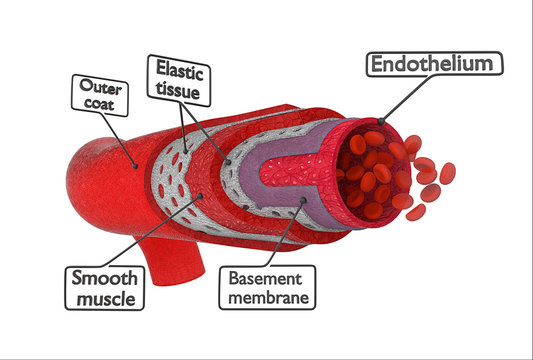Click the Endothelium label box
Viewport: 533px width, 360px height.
click(x=434, y=65)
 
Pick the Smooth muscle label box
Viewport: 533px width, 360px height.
click(x=104, y=287)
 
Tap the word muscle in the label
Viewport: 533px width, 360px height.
click(x=104, y=298)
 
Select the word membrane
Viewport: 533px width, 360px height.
click(x=269, y=297)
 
